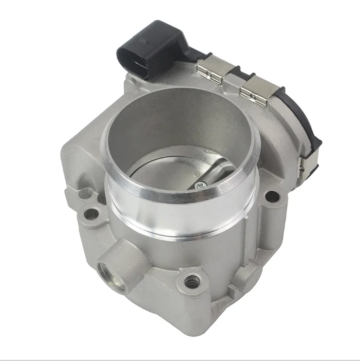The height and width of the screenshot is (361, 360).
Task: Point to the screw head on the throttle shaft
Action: pyautogui.click(x=200, y=184)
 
